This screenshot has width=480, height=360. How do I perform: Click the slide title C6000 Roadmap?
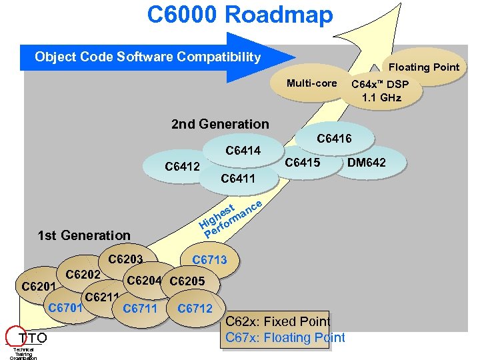point(240,14)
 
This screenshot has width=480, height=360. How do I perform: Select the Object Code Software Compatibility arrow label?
point(147,57)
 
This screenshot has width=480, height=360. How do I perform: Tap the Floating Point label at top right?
point(424,67)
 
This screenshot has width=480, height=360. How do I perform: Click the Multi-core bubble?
point(311,83)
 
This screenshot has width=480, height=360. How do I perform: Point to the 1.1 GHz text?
point(381,97)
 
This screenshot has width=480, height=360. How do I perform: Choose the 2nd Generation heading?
point(220,124)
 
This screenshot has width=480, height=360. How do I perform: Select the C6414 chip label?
point(243,151)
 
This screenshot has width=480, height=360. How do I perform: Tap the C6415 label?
point(303,163)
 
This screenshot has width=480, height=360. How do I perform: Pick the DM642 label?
point(366,163)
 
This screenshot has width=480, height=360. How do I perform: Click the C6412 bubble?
point(182,166)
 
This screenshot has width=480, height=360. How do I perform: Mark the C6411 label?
point(237,179)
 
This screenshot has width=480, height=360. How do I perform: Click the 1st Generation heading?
point(84,235)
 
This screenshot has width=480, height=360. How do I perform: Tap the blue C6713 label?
point(209,260)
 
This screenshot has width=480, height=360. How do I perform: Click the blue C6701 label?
point(65,307)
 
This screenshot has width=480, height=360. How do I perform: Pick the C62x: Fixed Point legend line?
point(278,322)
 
